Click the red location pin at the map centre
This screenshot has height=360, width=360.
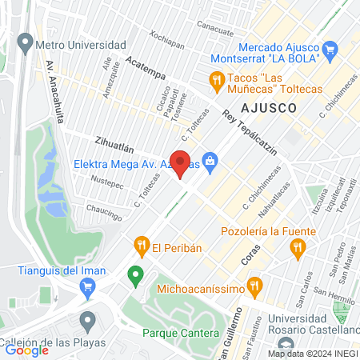coord(181,164)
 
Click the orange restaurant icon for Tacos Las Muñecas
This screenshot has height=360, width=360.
coord(216,78)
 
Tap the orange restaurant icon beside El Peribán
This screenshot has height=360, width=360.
coord(141,243)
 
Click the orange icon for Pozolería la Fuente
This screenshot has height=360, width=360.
coord(298,250)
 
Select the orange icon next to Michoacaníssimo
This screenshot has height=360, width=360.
coord(254,284)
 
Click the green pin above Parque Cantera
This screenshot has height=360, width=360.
coord(135,276)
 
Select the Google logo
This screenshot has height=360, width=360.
coord(26,349)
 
